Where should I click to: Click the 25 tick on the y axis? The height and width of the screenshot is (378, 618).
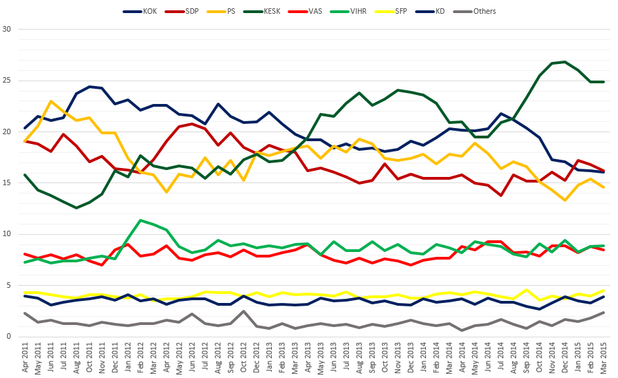point(8,81)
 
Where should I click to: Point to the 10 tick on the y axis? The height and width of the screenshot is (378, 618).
point(8,234)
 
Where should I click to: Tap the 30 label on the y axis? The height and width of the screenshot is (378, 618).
point(8,30)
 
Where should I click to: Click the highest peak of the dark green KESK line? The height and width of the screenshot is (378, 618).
point(565,62)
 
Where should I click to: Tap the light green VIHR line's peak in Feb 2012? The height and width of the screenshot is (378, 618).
point(140,220)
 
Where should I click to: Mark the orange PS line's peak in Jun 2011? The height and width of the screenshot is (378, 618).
point(51,101)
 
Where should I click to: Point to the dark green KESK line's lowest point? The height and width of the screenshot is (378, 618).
point(76,208)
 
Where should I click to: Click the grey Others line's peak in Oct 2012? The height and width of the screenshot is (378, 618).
point(244,311)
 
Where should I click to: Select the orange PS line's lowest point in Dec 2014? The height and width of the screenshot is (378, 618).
point(565,200)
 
